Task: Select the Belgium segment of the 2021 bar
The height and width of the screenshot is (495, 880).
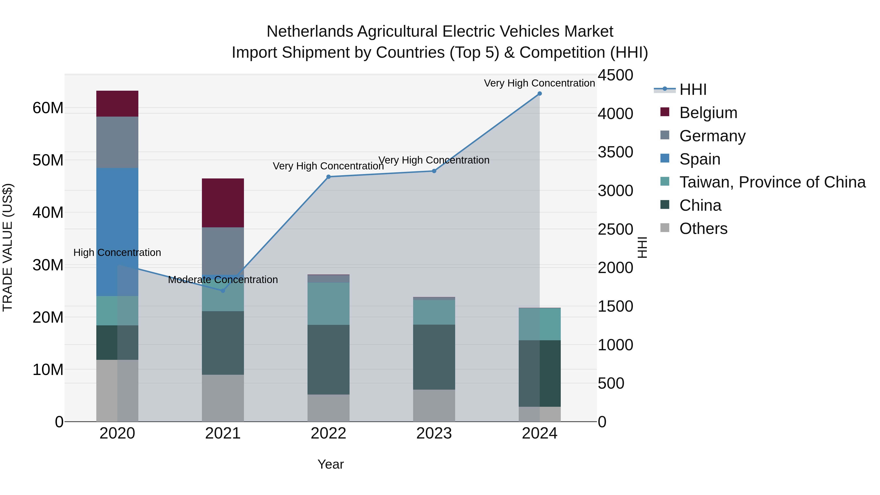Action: click(223, 203)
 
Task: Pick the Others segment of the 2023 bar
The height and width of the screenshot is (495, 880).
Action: click(434, 406)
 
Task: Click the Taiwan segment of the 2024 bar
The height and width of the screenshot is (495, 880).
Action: click(539, 324)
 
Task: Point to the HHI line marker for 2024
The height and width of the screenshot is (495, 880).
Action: click(539, 94)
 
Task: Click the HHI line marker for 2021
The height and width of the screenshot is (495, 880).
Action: click(223, 291)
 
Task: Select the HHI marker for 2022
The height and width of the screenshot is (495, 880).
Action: click(328, 177)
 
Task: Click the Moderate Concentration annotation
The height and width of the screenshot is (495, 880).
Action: click(223, 280)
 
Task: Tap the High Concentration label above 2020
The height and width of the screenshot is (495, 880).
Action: click(117, 253)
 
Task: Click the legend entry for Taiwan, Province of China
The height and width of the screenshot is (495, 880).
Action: click(772, 182)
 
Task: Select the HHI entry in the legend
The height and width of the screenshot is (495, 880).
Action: click(693, 89)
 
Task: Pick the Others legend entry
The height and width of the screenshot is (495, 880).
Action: click(703, 229)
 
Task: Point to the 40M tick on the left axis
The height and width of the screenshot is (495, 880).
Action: click(48, 212)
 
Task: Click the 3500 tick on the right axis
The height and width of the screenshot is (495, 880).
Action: click(615, 152)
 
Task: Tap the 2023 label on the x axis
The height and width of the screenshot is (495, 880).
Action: click(434, 433)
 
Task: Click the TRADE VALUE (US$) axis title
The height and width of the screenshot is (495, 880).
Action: click(8, 248)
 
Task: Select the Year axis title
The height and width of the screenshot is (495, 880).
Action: click(330, 464)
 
